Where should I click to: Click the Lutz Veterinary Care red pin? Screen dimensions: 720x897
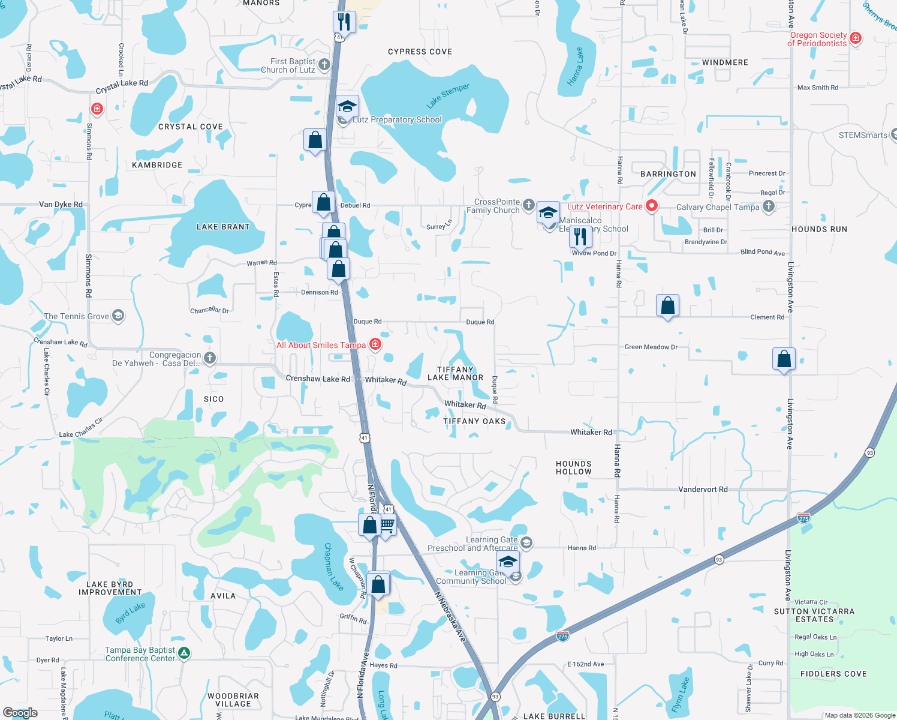651,206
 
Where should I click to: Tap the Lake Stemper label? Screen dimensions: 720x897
448,96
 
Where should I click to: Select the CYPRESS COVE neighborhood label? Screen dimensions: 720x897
420,52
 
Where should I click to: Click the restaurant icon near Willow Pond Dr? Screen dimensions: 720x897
580,236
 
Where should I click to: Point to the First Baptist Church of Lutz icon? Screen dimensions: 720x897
324,64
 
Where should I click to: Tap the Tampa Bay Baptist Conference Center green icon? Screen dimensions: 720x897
184,653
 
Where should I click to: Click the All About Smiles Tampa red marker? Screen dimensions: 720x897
375,344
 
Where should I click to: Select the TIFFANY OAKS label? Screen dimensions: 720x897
474,421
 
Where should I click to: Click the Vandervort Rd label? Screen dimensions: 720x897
703,490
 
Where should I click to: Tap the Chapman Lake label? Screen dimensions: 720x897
333,567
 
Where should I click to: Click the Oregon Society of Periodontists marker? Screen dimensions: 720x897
856,38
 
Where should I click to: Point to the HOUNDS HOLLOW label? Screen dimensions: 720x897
574,468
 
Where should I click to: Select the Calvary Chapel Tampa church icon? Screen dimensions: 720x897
769,206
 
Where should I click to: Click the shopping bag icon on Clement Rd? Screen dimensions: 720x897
667,306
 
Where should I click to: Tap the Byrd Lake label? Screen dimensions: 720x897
130,613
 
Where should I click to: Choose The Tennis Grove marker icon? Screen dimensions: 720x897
118,316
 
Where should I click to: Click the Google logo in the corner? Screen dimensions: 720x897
20,713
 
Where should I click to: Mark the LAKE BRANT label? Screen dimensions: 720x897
223,227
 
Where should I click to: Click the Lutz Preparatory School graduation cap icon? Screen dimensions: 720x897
347,106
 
